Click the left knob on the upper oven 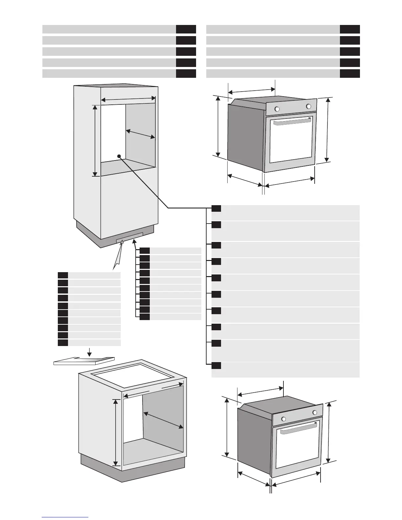277,109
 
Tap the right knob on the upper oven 308,106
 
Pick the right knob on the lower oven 315,412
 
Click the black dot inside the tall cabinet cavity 119,156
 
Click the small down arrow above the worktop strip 89,353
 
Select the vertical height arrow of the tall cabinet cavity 95,141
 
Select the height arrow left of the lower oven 227,427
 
